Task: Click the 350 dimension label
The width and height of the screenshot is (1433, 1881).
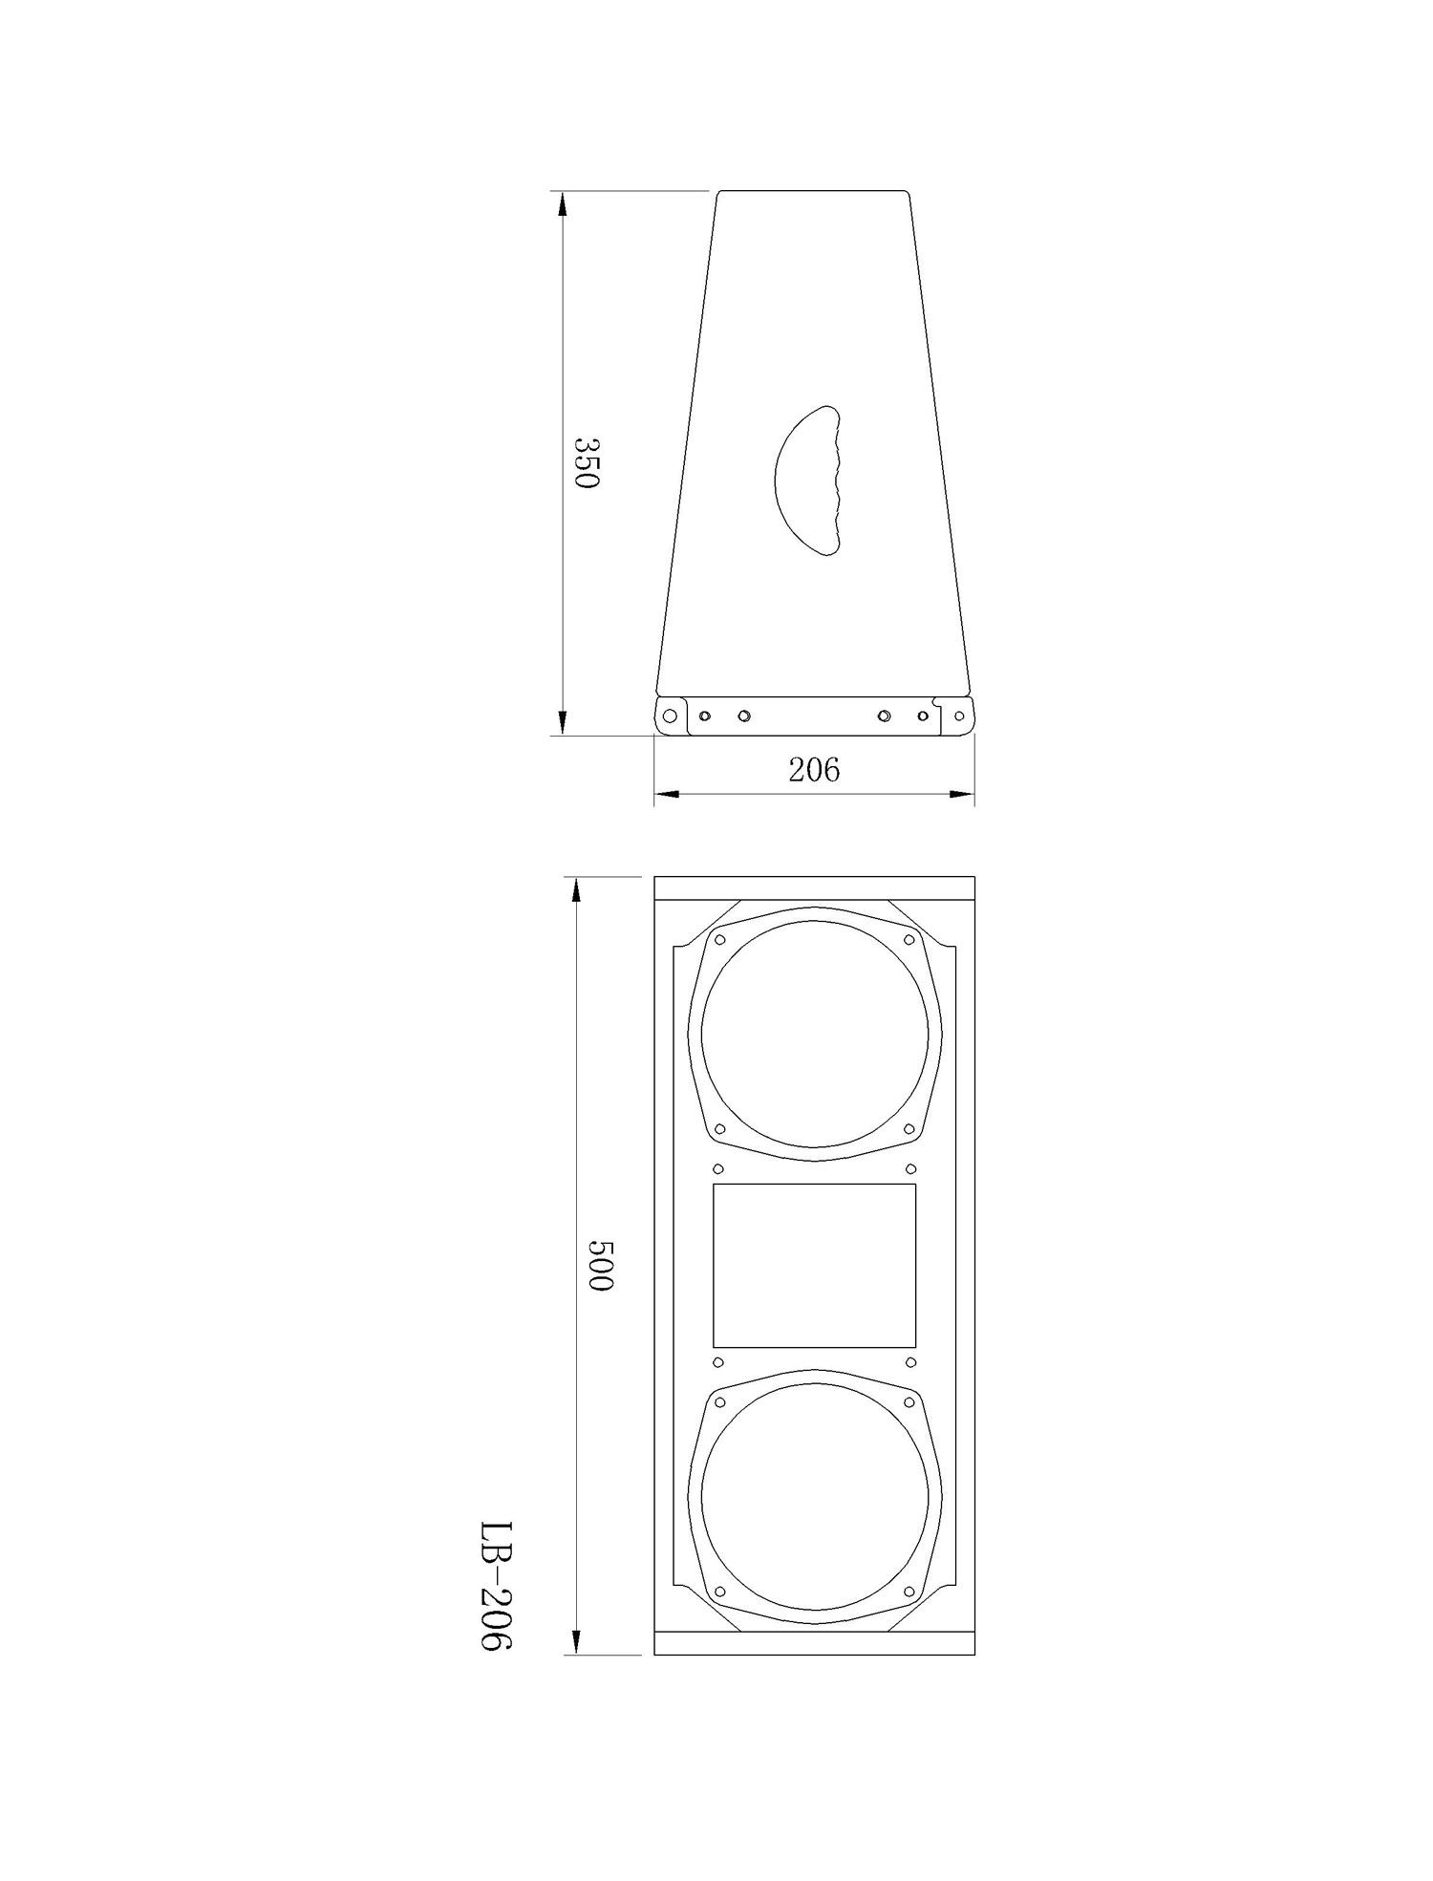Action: [586, 463]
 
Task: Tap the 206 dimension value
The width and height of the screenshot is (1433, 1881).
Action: [814, 769]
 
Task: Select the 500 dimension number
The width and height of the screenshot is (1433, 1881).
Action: [598, 1266]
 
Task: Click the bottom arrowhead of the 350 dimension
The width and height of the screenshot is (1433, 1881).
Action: [563, 720]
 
